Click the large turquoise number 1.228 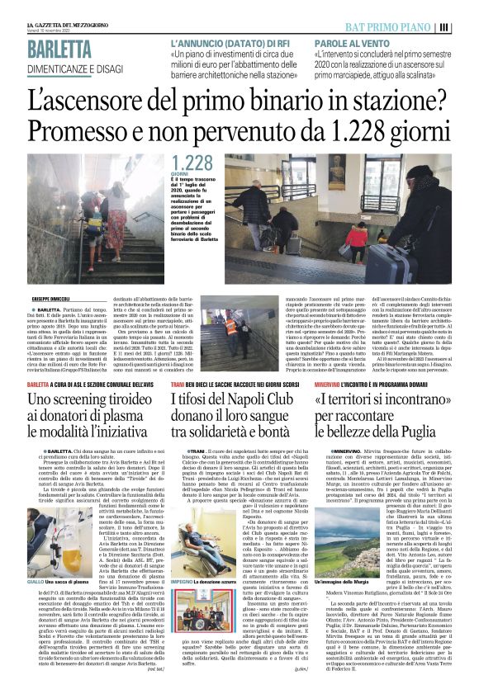(x=192, y=163)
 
